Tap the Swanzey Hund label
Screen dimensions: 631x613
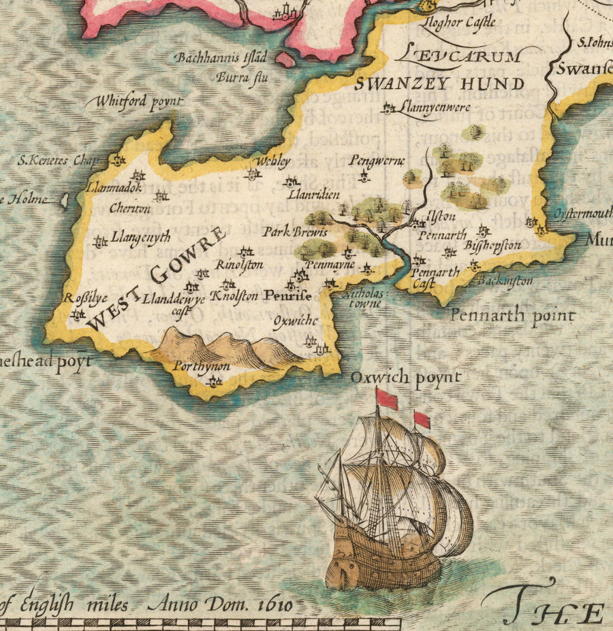(440, 84)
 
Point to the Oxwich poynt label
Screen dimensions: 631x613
(406, 377)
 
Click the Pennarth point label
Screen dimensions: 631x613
(512, 316)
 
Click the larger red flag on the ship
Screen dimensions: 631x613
(387, 400)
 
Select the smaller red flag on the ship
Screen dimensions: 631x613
(422, 419)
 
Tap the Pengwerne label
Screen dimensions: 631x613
(377, 161)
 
